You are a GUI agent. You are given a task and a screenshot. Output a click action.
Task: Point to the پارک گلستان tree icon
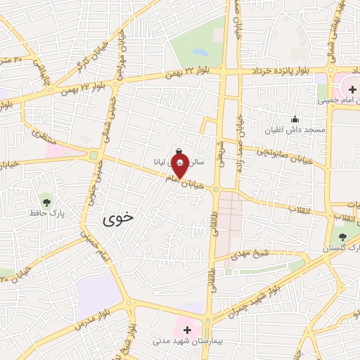[342, 237]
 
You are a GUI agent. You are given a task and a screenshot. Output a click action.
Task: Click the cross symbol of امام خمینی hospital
[352, 89]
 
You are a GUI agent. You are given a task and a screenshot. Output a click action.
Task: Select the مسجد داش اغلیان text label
[298, 130]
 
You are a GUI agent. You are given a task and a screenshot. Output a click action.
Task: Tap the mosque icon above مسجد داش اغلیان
[295, 119]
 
